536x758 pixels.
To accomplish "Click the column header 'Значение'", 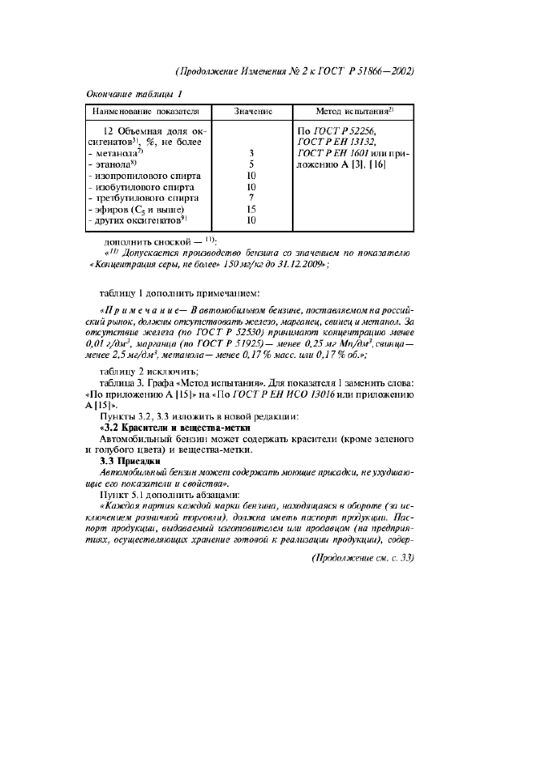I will (x=252, y=110).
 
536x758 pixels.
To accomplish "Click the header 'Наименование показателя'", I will (x=146, y=110).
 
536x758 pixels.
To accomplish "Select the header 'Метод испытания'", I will (x=354, y=110).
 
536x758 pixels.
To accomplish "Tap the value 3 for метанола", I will (x=252, y=152).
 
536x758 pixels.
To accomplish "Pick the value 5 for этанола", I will (x=252, y=164).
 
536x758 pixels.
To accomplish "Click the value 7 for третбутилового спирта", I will (x=252, y=197).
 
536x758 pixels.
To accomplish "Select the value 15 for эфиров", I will (x=252, y=208).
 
